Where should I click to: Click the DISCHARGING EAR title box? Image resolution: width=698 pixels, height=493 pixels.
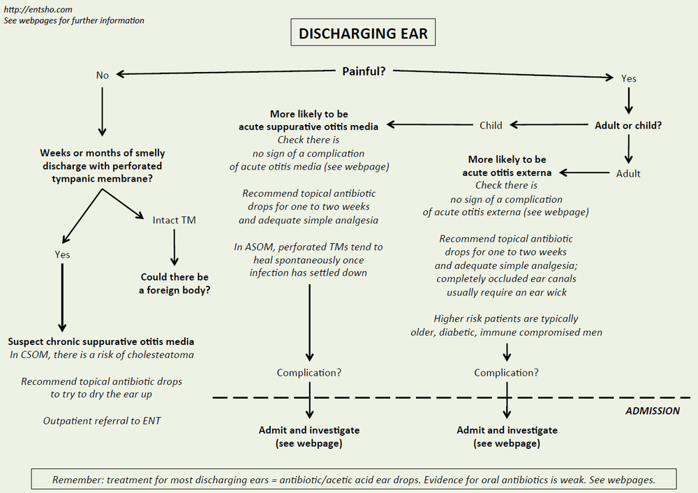click(363, 34)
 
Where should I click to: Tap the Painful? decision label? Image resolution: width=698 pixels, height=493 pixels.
click(364, 71)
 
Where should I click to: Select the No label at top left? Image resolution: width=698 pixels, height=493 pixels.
click(103, 75)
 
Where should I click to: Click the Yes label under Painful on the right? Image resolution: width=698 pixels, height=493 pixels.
click(628, 78)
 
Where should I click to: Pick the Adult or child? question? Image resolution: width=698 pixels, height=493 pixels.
click(628, 126)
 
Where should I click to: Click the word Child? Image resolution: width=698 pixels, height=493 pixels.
click(491, 126)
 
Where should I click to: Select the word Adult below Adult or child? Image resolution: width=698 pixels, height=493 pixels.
click(628, 173)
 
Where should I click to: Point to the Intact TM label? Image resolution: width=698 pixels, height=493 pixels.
click(174, 220)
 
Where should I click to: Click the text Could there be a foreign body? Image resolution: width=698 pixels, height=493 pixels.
click(175, 283)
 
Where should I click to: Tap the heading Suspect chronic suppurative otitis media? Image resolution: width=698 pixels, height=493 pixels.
click(101, 341)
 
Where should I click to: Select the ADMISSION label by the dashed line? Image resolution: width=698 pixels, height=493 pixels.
click(652, 411)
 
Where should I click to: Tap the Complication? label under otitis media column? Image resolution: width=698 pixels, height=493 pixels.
click(309, 372)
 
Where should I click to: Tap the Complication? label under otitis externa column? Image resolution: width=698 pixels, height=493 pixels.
click(506, 372)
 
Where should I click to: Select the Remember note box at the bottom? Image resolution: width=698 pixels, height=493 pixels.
click(354, 480)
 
